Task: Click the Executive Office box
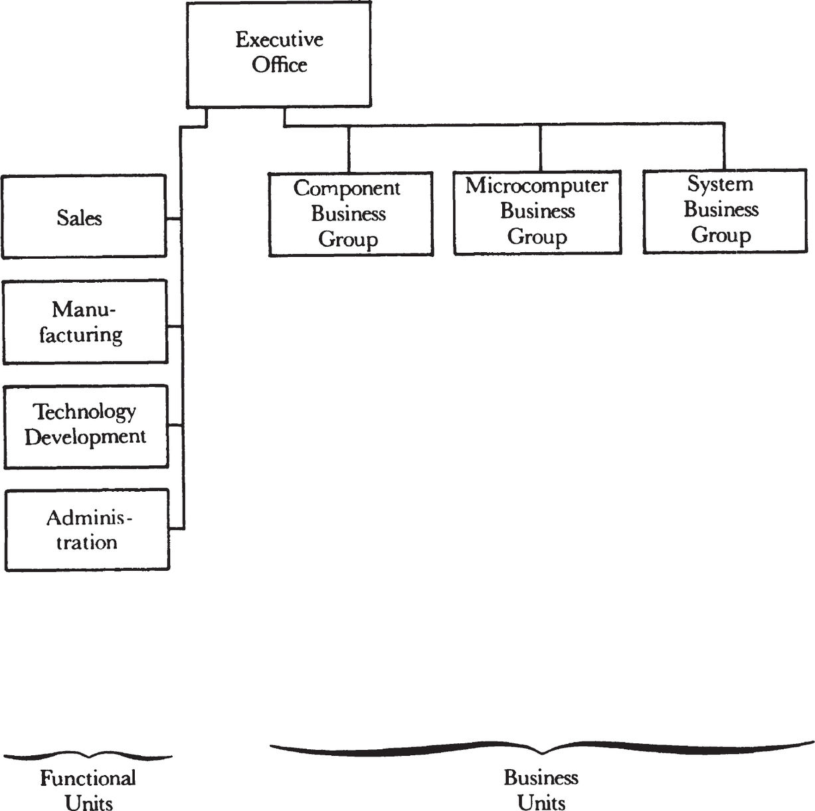tap(279, 54)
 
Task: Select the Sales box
tap(84, 216)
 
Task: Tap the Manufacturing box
tap(85, 322)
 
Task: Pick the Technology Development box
tap(86, 427)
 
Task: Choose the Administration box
tap(87, 530)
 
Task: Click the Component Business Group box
tap(351, 214)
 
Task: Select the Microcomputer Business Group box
tap(537, 212)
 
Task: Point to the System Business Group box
tap(725, 211)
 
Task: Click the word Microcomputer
tap(537, 186)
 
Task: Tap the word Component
tap(347, 188)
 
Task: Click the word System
tap(720, 184)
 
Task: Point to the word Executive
tap(279, 40)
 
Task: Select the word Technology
tap(84, 411)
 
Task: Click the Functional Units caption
tap(88, 790)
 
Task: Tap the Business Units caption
tap(541, 789)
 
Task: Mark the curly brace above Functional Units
tap(88, 756)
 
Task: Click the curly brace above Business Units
tap(542, 749)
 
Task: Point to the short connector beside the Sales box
tap(174, 219)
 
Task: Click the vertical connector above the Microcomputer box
tap(541, 148)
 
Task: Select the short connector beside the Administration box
tap(177, 528)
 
